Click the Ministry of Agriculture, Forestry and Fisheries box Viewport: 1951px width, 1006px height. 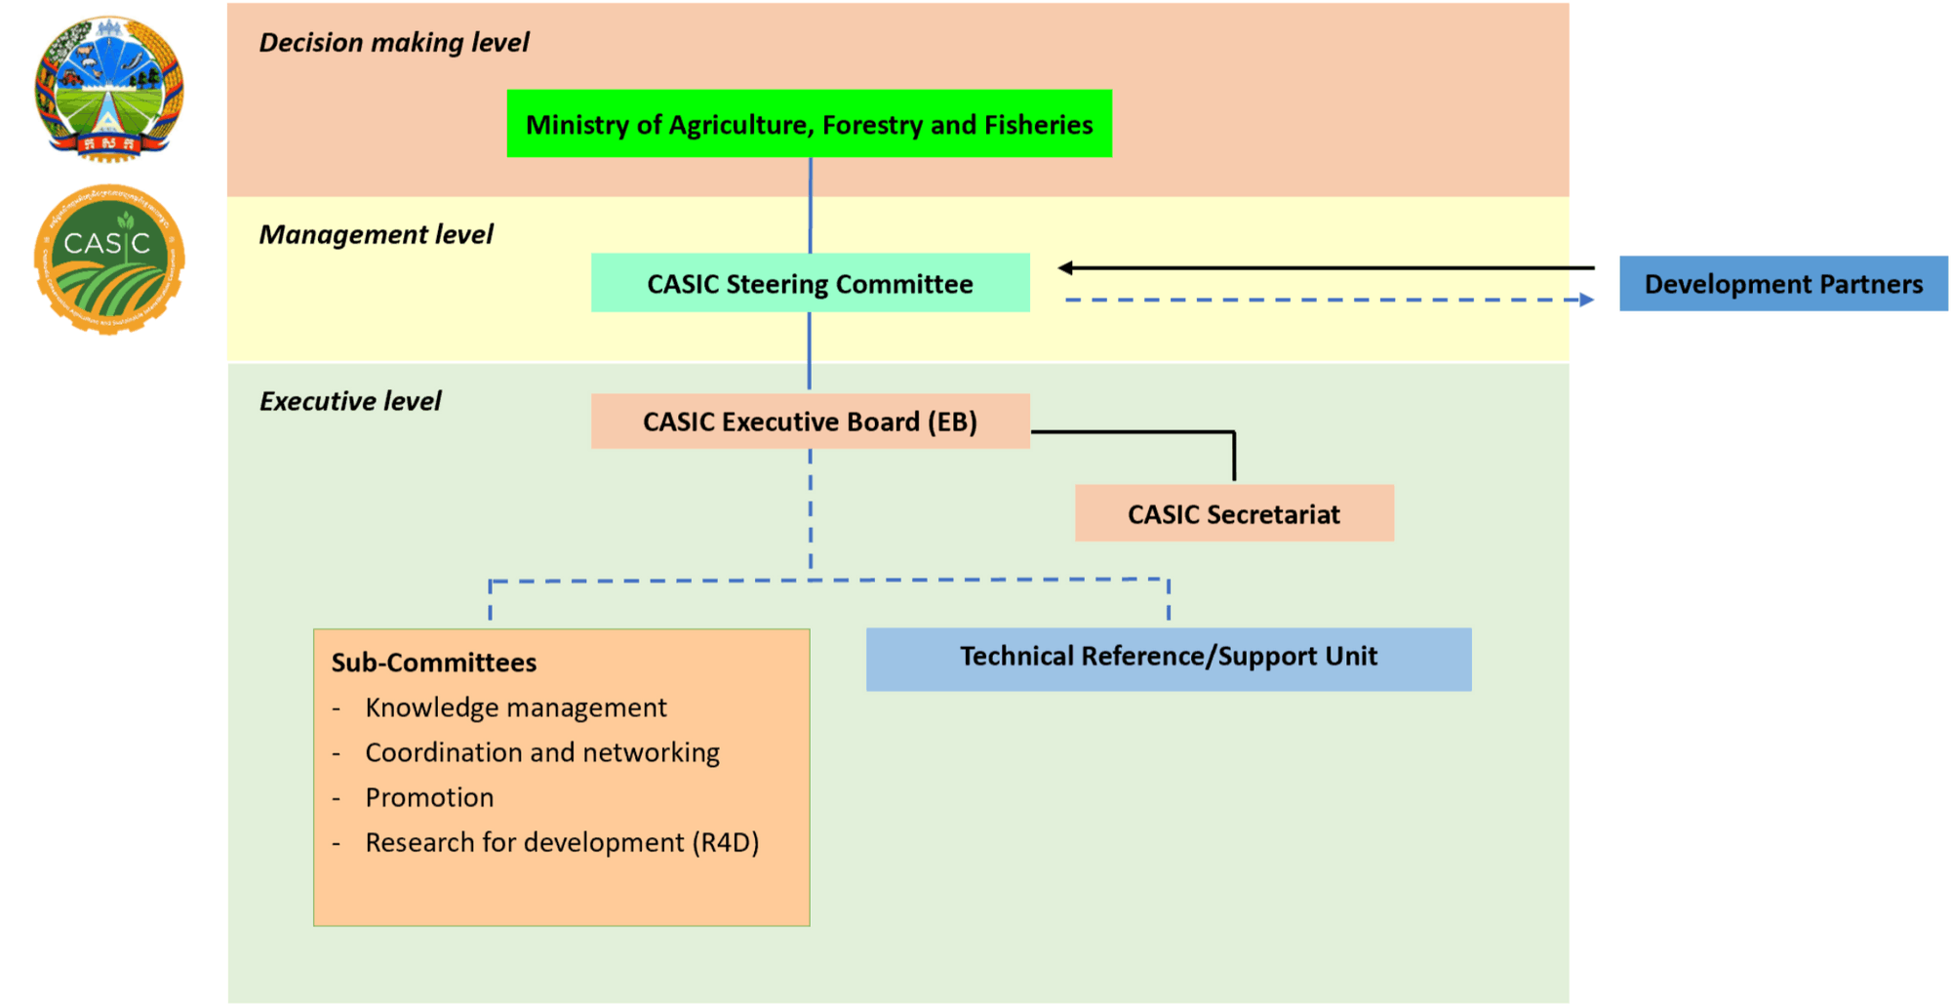pyautogui.click(x=809, y=124)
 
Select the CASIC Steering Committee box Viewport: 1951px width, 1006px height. pyautogui.click(x=810, y=283)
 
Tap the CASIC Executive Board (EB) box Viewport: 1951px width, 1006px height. pyautogui.click(x=810, y=422)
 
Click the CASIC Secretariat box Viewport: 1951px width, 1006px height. pyautogui.click(x=1233, y=513)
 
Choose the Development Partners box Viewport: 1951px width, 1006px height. pyautogui.click(x=1783, y=284)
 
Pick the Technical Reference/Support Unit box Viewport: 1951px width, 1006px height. pyautogui.click(x=1168, y=658)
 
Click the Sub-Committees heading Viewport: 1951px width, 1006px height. pyautogui.click(x=433, y=663)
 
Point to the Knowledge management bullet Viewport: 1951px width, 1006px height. pyautogui.click(x=515, y=707)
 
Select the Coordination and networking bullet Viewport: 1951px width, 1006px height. pyautogui.click(x=541, y=752)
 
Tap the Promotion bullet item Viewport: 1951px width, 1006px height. pyautogui.click(x=429, y=797)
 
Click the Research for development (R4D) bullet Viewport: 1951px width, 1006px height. pyautogui.click(x=561, y=842)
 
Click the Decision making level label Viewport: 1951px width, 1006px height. pyautogui.click(x=393, y=43)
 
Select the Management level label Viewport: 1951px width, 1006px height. pyautogui.click(x=376, y=234)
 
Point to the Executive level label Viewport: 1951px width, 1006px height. pyautogui.click(x=349, y=401)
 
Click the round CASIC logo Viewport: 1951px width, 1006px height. pyautogui.click(x=108, y=260)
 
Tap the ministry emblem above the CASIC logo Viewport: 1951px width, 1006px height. pyautogui.click(x=108, y=88)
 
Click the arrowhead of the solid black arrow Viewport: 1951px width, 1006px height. pyautogui.click(x=1066, y=267)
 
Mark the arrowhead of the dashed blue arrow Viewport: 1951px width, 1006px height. pyautogui.click(x=1587, y=300)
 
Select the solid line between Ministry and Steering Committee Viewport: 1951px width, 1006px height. pyautogui.click(x=810, y=205)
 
